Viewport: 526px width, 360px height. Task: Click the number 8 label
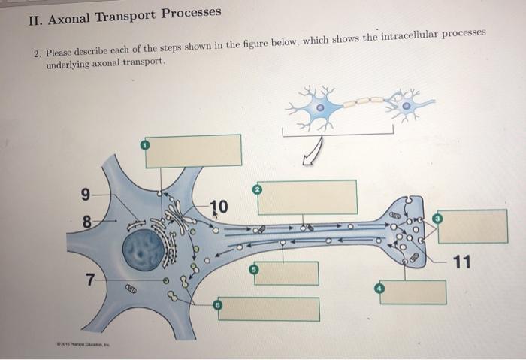(x=86, y=222)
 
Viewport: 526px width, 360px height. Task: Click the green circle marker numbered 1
(x=146, y=143)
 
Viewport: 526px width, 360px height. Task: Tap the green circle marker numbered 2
(x=258, y=190)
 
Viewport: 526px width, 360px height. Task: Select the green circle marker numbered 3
(x=438, y=218)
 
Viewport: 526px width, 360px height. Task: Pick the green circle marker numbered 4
(x=380, y=289)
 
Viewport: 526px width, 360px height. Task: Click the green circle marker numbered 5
(x=255, y=269)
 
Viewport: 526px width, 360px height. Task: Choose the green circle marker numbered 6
(x=219, y=305)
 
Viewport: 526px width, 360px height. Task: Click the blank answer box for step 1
(x=193, y=150)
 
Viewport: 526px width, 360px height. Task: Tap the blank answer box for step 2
(x=307, y=197)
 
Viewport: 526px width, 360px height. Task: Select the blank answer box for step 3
(x=472, y=226)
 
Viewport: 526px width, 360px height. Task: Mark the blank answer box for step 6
(x=268, y=309)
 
